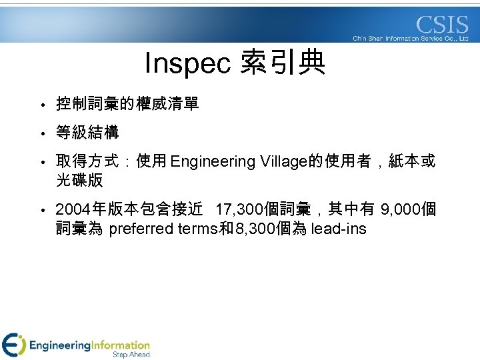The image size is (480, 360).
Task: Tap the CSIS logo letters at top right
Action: click(442, 25)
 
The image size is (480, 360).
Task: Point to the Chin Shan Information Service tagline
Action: click(411, 39)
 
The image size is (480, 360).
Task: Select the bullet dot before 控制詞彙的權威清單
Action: click(41, 105)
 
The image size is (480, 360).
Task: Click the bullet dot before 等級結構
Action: click(41, 134)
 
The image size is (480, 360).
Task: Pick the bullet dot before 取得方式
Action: click(41, 163)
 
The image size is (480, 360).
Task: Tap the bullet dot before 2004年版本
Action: click(41, 211)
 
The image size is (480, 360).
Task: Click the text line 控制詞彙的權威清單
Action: click(127, 105)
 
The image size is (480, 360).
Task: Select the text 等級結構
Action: click(87, 133)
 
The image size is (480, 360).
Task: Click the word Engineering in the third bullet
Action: click(213, 162)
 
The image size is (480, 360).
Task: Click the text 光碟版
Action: click(79, 181)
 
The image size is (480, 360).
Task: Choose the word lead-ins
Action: click(339, 230)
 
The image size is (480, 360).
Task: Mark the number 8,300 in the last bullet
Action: click(251, 230)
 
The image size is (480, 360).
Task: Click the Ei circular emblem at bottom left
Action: click(13, 345)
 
